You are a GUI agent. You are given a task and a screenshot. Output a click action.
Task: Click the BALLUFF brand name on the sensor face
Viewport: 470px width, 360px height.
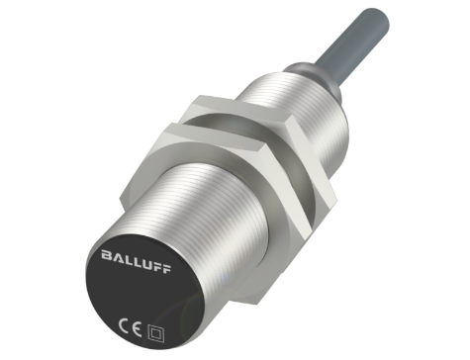tap(136, 261)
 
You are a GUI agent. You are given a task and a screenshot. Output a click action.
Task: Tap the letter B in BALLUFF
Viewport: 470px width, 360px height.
tap(106, 255)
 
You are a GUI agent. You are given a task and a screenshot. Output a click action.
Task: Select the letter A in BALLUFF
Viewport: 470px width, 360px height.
tap(117, 257)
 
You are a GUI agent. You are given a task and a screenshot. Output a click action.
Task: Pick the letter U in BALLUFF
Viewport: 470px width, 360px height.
tap(145, 264)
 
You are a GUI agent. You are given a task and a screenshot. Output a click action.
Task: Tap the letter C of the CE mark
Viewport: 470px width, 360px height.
tap(124, 327)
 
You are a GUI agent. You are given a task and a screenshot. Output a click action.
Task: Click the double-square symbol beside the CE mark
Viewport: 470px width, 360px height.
tap(155, 334)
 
